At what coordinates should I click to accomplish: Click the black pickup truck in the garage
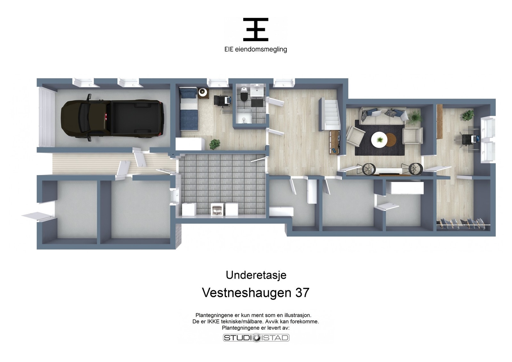[x=112, y=118]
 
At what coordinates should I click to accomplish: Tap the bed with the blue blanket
[x=189, y=109]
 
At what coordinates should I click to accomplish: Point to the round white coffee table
[x=380, y=140]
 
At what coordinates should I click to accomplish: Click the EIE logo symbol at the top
[x=256, y=29]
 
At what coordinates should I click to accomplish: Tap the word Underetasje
[x=256, y=275]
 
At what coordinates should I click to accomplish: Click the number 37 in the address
[x=302, y=293]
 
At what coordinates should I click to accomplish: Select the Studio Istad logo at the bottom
[x=256, y=338]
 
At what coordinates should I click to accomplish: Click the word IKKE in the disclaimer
[x=213, y=322]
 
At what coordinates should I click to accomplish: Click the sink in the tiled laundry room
[x=217, y=209]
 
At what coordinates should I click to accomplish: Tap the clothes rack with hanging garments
[x=463, y=224]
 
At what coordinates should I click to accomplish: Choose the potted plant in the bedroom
[x=215, y=144]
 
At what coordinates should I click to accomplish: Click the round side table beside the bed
[x=203, y=93]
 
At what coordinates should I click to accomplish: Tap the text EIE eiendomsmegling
[x=256, y=49]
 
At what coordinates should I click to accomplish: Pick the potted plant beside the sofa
[x=415, y=117]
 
